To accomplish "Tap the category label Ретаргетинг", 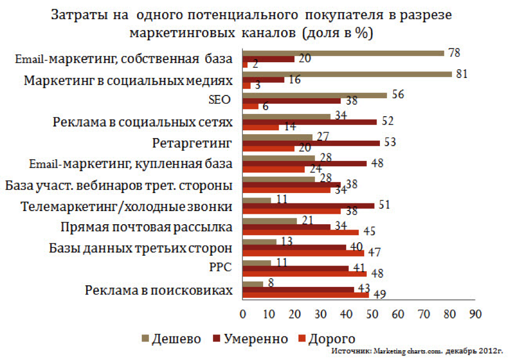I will [x=192, y=143].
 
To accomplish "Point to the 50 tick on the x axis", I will [x=372, y=315].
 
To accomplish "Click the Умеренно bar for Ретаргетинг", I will [x=311, y=143].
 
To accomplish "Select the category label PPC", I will [x=219, y=268].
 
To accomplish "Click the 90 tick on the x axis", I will [x=475, y=315].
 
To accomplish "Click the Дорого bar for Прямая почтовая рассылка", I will [x=300, y=232].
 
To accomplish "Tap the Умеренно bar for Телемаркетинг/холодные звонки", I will [x=308, y=206].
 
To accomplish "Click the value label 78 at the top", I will [x=454, y=53].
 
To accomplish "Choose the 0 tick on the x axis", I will [x=242, y=315].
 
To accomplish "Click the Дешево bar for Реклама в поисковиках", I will [x=252, y=284].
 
